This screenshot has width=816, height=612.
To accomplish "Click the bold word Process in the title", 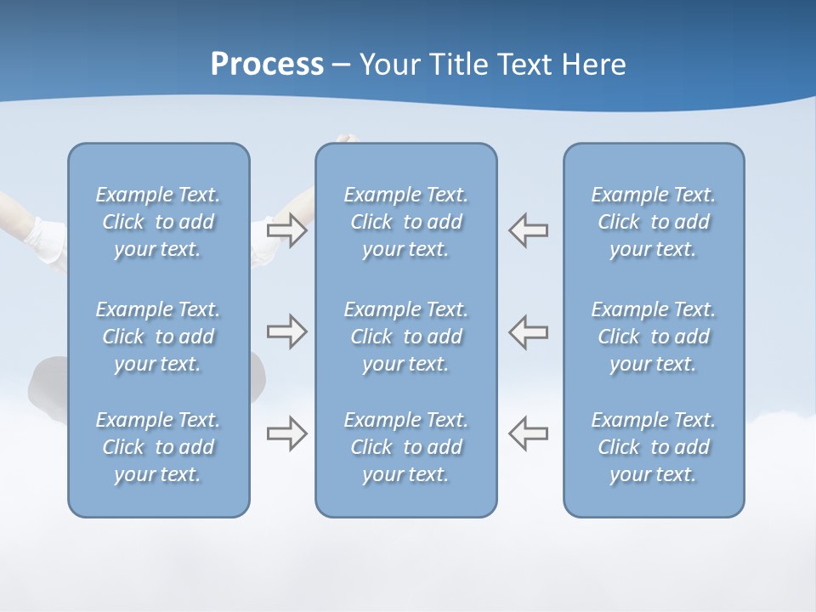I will tap(267, 65).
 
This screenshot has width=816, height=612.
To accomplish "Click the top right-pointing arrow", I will tap(287, 230).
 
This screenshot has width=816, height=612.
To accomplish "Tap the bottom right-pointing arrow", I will tap(287, 433).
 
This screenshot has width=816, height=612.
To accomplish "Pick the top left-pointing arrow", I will tap(528, 230).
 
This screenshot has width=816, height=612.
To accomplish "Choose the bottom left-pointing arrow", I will tap(528, 433).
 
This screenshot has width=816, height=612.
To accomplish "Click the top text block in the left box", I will tap(158, 222).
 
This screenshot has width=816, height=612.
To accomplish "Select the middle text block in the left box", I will tap(158, 337).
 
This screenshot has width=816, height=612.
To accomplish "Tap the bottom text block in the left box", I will tap(158, 447).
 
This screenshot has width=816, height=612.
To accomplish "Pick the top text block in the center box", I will tap(405, 222).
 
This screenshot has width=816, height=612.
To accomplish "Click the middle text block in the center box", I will tap(405, 337).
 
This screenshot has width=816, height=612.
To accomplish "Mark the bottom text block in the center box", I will tap(405, 447).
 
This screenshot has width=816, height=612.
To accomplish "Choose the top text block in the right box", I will tap(653, 222).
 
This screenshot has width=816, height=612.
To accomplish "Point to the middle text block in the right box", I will tap(653, 337).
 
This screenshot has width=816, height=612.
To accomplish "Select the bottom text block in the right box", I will tap(653, 447).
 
